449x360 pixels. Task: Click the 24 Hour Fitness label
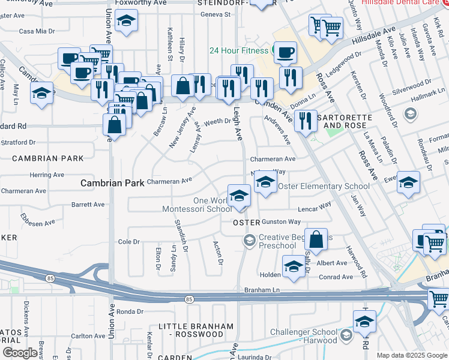click(238, 50)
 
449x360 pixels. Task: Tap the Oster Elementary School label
click(324, 187)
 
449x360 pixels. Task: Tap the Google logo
click(20, 352)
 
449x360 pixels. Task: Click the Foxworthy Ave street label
click(140, 3)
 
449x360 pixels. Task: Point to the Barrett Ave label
click(89, 205)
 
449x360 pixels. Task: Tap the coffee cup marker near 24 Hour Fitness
click(285, 52)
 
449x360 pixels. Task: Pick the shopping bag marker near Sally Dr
click(316, 239)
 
